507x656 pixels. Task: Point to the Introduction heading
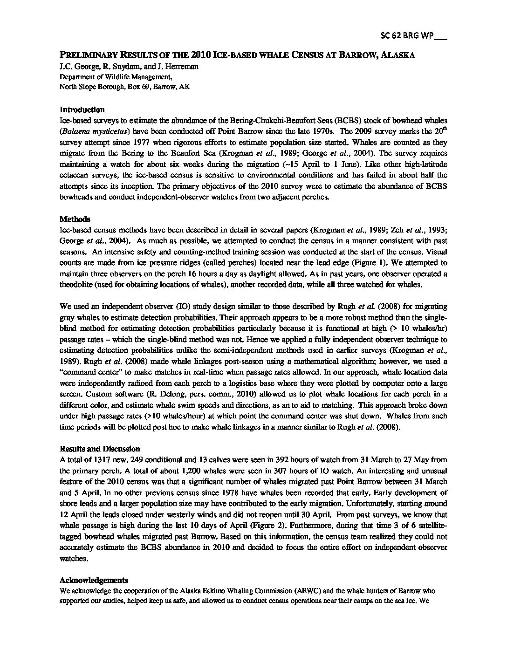click(x=82, y=109)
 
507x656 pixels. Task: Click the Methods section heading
click(x=75, y=219)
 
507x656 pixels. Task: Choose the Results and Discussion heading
click(x=100, y=449)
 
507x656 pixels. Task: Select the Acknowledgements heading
click(x=94, y=580)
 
